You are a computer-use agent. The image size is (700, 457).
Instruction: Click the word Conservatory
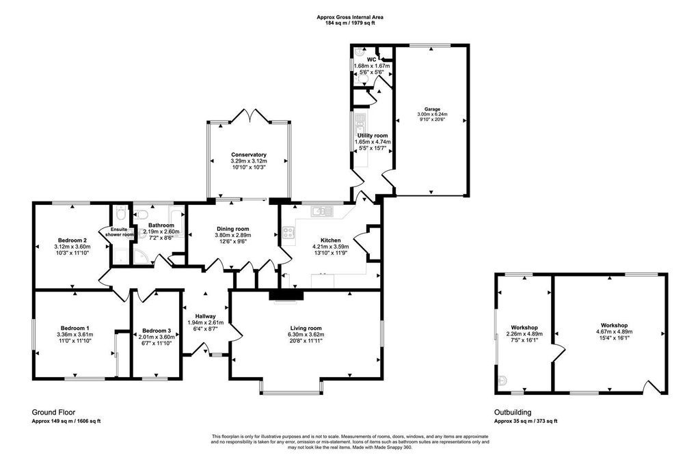pyautogui.click(x=248, y=155)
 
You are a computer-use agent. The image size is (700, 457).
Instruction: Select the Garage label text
pyautogui.click(x=431, y=109)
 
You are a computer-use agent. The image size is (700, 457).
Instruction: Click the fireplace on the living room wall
pyautogui.click(x=285, y=295)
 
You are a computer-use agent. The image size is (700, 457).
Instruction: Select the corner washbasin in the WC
pyautogui.click(x=360, y=52)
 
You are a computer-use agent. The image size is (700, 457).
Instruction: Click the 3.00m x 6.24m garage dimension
pyautogui.click(x=431, y=114)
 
